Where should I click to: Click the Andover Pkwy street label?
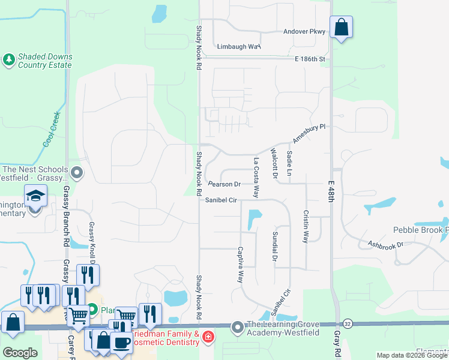pyautogui.click(x=304, y=31)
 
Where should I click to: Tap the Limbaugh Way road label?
pyautogui.click(x=238, y=46)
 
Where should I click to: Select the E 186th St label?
pyautogui.click(x=310, y=59)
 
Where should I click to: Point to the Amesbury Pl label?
pyautogui.click(x=309, y=133)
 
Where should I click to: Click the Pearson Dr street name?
pyautogui.click(x=224, y=184)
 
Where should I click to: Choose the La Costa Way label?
pyautogui.click(x=256, y=178)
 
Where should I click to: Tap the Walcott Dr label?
pyautogui.click(x=274, y=163)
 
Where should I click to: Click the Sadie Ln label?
pyautogui.click(x=289, y=163)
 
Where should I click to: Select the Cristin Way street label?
pyautogui.click(x=306, y=226)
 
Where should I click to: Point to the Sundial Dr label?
pyautogui.click(x=275, y=246)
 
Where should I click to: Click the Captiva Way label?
pyautogui.click(x=240, y=265)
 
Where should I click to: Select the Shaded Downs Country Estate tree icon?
pyautogui.click(x=8, y=59)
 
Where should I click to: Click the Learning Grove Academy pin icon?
pyautogui.click(x=238, y=328)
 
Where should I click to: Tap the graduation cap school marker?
pyautogui.click(x=35, y=195)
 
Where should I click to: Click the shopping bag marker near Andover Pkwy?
pyautogui.click(x=341, y=27)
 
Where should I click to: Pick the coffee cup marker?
pyautogui.click(x=121, y=342)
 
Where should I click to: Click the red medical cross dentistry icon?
pyautogui.click(x=208, y=337)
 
